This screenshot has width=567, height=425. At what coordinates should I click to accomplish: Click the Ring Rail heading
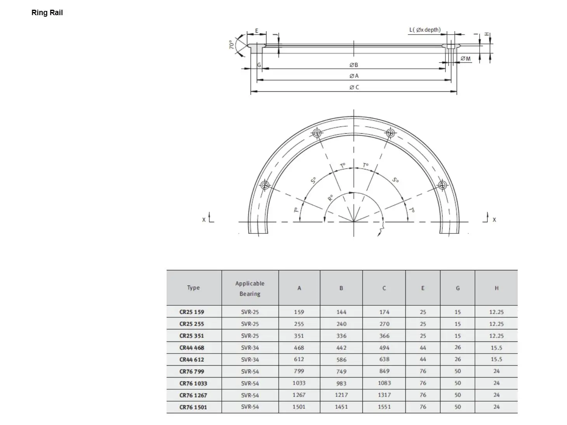[47, 13]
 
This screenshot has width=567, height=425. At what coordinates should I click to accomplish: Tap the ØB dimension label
[353, 65]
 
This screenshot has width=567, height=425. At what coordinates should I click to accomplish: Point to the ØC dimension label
[354, 87]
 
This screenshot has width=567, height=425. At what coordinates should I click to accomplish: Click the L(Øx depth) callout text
[425, 30]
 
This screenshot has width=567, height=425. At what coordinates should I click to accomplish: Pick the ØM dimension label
[465, 59]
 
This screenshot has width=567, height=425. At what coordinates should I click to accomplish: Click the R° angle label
[330, 197]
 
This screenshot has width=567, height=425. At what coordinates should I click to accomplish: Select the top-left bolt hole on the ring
[317, 133]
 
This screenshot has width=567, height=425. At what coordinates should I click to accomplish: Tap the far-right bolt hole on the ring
[442, 185]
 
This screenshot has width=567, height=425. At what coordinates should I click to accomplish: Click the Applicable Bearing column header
[250, 288]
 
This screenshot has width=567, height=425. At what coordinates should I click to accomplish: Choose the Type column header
[193, 288]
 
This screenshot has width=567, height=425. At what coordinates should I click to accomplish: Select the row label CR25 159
[191, 312]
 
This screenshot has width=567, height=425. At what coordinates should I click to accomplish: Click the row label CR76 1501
[193, 407]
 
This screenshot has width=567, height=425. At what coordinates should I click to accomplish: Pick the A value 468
[299, 348]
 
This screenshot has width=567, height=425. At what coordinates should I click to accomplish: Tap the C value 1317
[384, 395]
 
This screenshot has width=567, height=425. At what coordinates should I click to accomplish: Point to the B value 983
[341, 383]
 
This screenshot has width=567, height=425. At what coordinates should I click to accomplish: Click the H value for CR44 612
[496, 359]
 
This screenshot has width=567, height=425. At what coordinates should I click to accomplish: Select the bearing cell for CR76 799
[250, 371]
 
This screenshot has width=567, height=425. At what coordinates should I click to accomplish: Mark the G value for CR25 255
[457, 324]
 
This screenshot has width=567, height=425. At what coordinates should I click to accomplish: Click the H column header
[496, 288]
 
